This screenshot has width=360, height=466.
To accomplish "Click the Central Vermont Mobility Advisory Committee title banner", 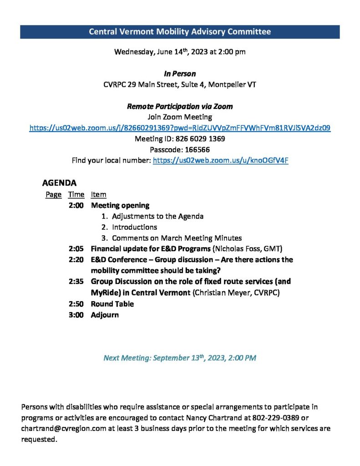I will tap(180, 32).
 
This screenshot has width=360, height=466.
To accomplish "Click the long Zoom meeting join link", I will tap(180, 128).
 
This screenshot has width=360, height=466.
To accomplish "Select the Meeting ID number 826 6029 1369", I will tap(200, 139).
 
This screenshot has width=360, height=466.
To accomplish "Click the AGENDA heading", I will tap(59, 183).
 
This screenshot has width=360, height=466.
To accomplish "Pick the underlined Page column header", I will tap(53, 195).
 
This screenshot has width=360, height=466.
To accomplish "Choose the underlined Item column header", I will tap(98, 195).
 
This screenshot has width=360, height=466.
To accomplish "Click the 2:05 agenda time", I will tap(76, 248).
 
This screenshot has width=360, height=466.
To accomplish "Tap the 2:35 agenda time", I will tap(76, 281).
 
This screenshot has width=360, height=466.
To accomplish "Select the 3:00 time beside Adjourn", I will tap(76, 315).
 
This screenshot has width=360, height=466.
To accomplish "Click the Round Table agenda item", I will tap(112, 304).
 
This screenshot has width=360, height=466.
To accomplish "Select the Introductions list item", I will tap(134, 227).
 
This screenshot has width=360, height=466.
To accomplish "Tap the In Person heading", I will tap(180, 74).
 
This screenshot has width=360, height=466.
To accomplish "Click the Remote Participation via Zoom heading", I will tap(180, 106).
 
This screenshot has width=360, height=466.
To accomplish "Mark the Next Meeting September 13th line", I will tap(180, 358).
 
